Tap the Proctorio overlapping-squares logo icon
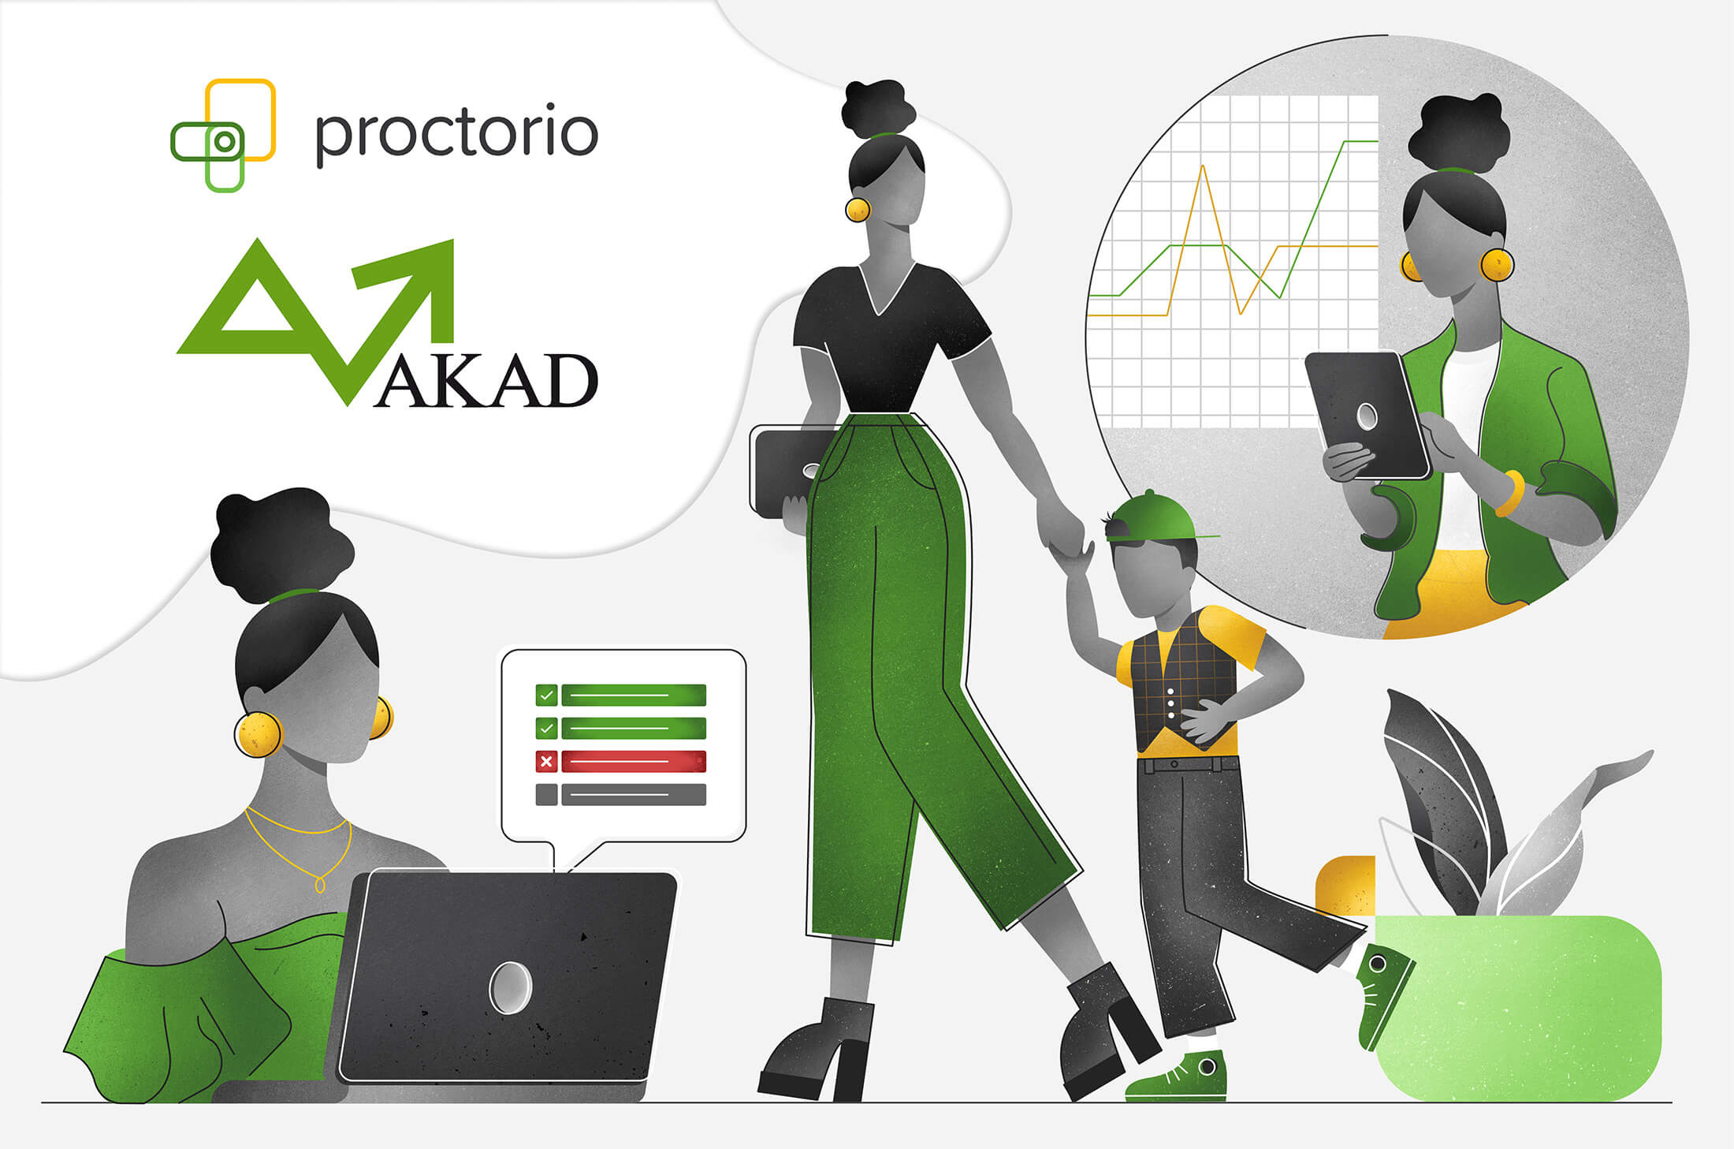(x=223, y=136)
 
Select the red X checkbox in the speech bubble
(x=546, y=761)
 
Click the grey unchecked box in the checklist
(x=546, y=794)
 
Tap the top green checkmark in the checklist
(x=546, y=695)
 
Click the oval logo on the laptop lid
(x=510, y=987)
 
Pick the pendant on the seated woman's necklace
(x=320, y=884)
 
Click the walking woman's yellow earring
(x=858, y=210)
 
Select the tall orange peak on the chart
(x=1203, y=167)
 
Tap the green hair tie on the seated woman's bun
(x=293, y=594)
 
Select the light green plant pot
(x=1517, y=1005)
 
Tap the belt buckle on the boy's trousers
(x=1174, y=764)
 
